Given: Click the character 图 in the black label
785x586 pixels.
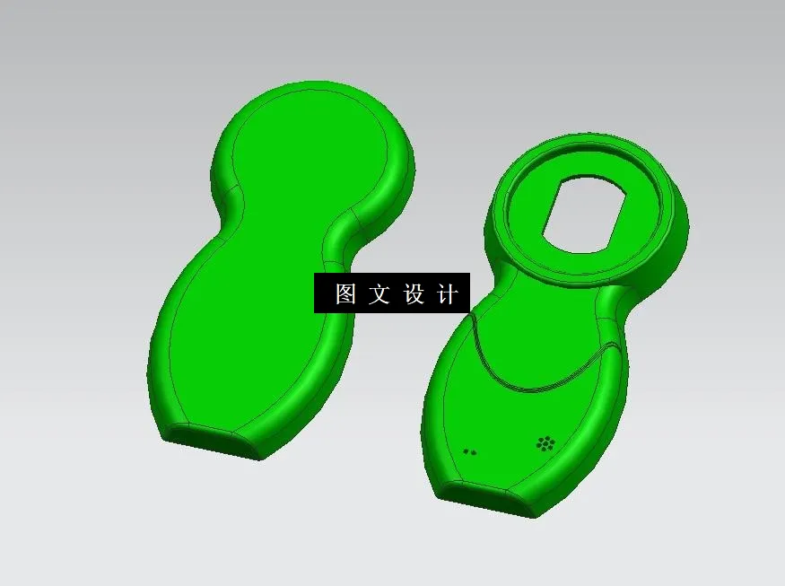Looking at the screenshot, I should (x=345, y=293).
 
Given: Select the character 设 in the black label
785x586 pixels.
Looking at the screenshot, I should (x=414, y=293).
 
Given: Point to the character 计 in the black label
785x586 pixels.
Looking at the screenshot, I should (x=447, y=293).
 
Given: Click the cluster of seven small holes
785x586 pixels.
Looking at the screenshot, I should (x=545, y=442).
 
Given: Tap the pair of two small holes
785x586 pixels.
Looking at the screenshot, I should (x=469, y=451).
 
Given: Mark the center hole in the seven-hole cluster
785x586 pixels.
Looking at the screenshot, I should (x=545, y=442).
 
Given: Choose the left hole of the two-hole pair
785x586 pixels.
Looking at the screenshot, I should (x=465, y=450).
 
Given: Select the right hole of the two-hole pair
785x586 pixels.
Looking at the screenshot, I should (x=474, y=452).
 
